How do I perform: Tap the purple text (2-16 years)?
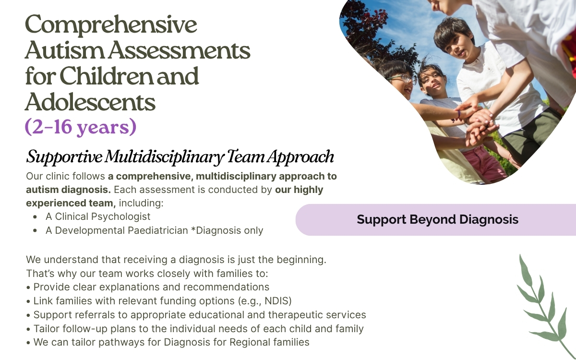click(81, 127)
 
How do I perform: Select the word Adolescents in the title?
click(90, 102)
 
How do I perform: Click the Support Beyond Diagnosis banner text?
click(437, 220)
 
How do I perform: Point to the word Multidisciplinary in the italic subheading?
click(164, 157)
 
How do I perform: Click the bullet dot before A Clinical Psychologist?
click(35, 217)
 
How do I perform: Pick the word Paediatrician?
click(157, 231)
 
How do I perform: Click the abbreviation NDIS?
click(276, 301)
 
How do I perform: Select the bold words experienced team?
click(71, 203)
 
